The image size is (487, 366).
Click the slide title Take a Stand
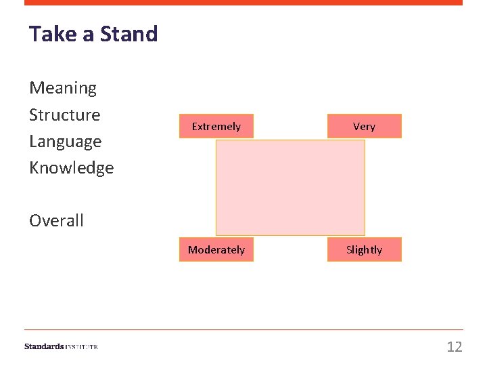point(93,34)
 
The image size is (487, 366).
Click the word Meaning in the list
point(63,88)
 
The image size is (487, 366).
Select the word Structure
point(64,115)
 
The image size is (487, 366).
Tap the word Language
point(65,142)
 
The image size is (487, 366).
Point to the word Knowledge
point(71,168)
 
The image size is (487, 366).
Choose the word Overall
point(56,221)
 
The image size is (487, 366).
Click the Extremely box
point(216,126)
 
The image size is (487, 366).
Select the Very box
point(364,126)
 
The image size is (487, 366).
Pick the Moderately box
point(216,249)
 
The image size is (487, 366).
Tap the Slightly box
point(364,249)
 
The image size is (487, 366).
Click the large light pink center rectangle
point(290,188)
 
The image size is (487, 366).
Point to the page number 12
point(454,347)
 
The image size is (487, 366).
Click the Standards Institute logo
point(61,346)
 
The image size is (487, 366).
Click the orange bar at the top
point(243,3)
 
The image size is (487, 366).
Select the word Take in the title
point(53,34)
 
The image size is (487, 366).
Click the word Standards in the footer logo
point(44,346)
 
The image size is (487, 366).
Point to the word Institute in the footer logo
point(82,347)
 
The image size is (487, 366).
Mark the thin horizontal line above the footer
point(243,330)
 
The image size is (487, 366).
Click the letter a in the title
point(89,35)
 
